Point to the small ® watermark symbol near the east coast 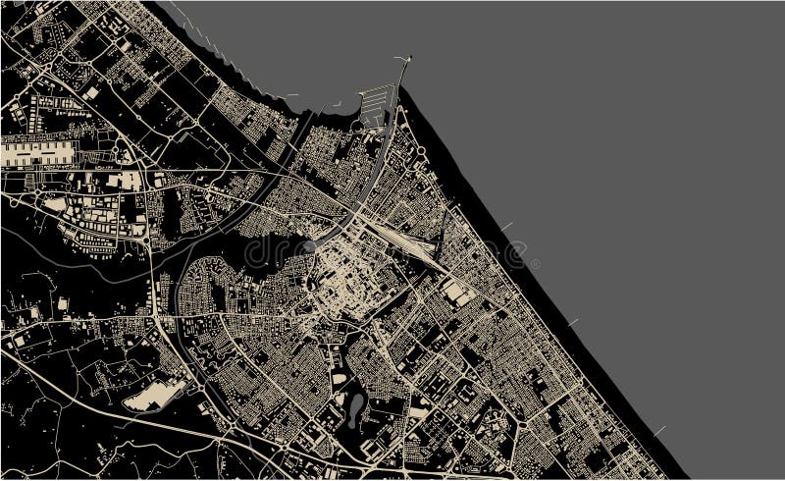pyautogui.click(x=536, y=264)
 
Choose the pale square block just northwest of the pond pyautogui.click(x=339, y=377)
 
